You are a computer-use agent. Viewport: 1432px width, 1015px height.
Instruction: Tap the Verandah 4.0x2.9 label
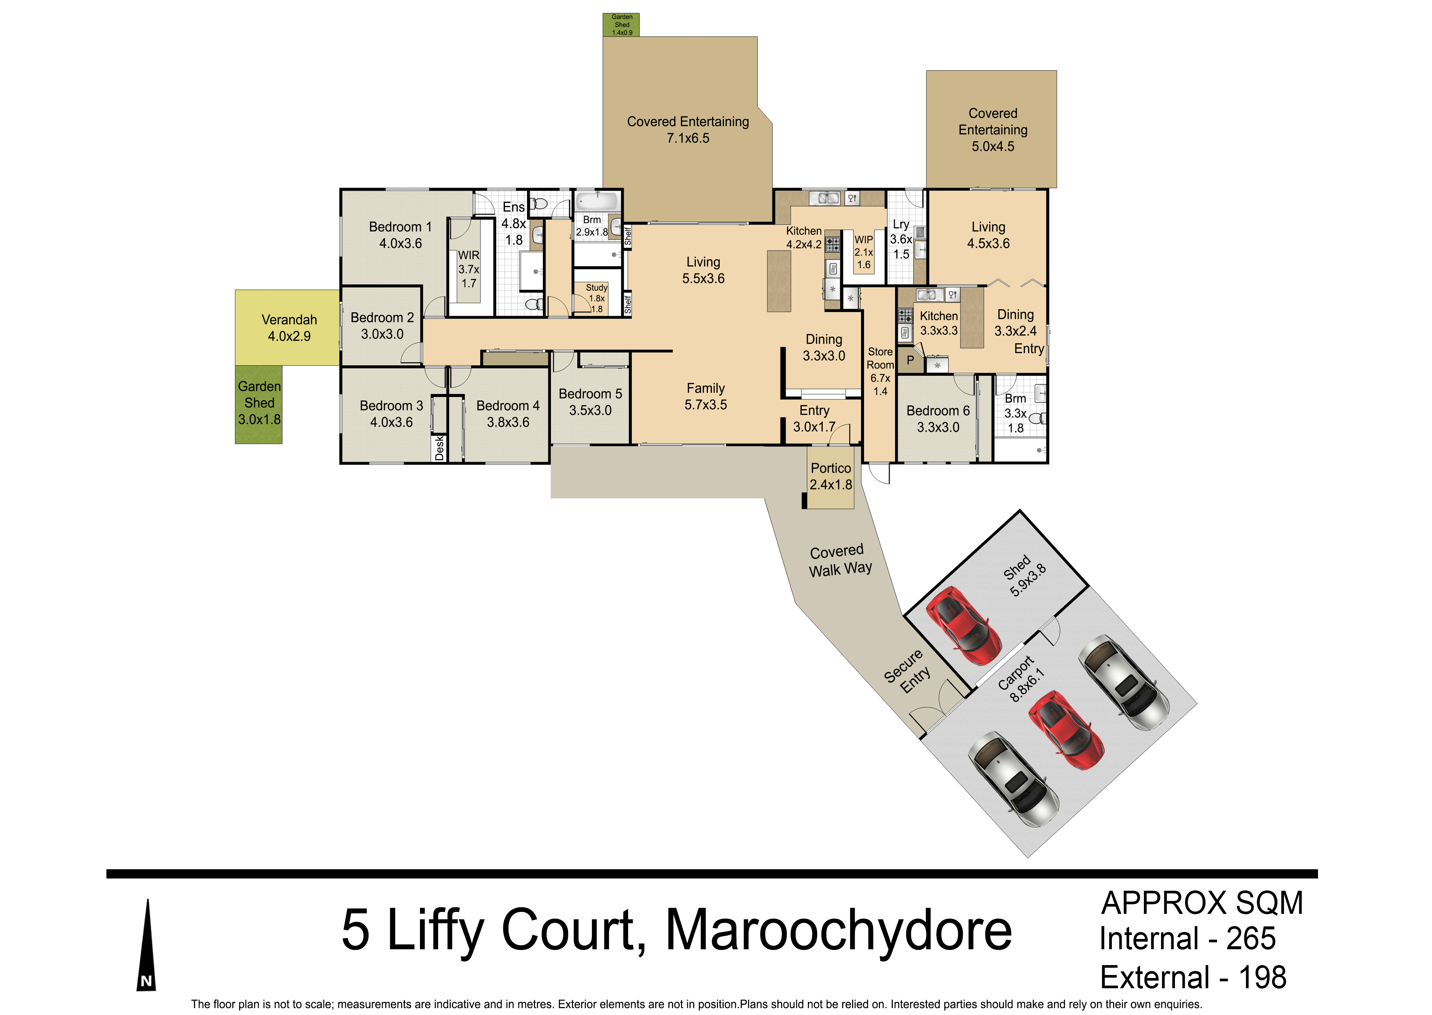pos(289,328)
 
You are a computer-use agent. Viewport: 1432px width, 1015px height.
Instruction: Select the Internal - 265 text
pos(1187,939)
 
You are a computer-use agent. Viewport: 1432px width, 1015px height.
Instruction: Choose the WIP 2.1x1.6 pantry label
pos(863,252)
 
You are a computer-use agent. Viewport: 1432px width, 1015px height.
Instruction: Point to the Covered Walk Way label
pos(839,561)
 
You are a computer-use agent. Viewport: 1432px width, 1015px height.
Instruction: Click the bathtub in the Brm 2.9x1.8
pos(597,202)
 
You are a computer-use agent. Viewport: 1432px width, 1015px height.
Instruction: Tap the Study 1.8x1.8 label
pos(597,298)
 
